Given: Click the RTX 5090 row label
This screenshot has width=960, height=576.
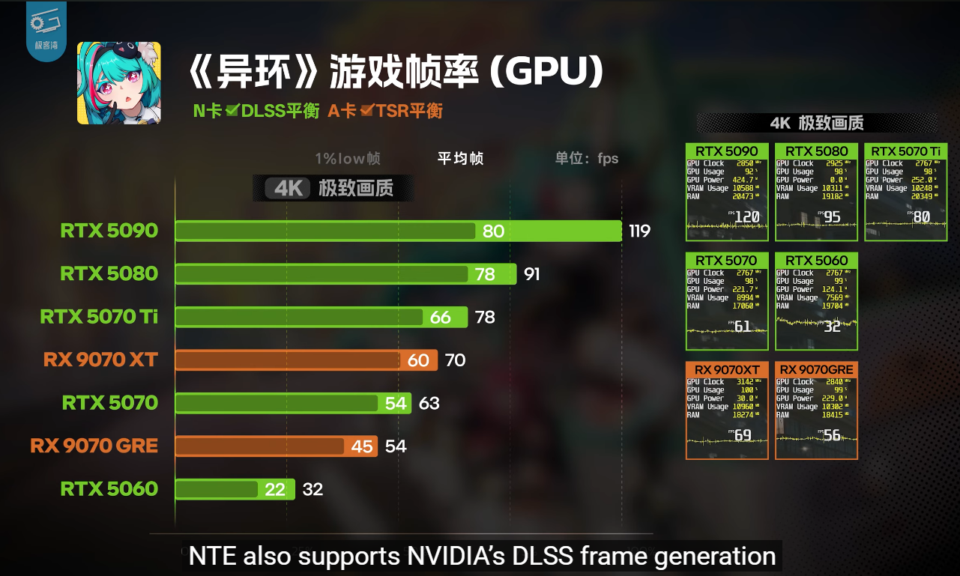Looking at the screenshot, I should [109, 231].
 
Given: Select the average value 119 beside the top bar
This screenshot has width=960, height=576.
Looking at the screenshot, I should [639, 231].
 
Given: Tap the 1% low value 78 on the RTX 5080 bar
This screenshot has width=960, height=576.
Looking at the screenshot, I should [485, 274].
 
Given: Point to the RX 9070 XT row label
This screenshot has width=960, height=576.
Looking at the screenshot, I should [100, 360].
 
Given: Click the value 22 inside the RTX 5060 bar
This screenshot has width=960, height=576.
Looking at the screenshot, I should [275, 489].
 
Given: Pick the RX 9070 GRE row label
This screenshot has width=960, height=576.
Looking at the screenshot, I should [94, 446].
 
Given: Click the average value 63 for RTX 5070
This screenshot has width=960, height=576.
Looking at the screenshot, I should [429, 404].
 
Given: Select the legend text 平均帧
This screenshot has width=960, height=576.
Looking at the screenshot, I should [460, 159].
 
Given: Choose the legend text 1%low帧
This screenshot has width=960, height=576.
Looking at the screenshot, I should [348, 159].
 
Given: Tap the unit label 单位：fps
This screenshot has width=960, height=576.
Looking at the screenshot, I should [587, 159].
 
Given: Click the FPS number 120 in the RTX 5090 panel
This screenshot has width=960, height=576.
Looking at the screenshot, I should [746, 217].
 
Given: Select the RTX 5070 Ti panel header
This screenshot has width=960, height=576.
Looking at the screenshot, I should [905, 151].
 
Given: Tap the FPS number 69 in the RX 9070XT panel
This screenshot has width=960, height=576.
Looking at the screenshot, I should [742, 435].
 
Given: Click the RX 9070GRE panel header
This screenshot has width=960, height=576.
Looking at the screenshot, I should [816, 370].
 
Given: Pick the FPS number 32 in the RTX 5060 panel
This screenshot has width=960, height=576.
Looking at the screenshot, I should [832, 326].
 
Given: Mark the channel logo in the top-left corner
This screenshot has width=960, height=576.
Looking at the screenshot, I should [46, 30].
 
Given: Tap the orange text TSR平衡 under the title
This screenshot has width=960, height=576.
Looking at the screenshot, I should [409, 112].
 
